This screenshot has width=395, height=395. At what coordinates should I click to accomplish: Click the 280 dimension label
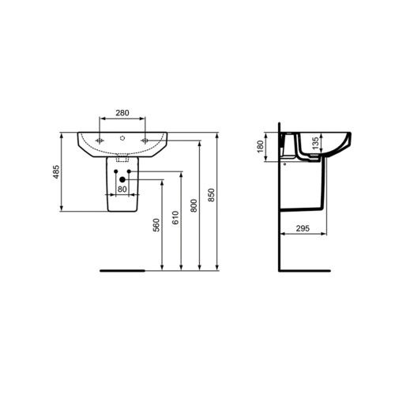(x=122, y=113)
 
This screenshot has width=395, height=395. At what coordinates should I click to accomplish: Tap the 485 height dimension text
(x=55, y=172)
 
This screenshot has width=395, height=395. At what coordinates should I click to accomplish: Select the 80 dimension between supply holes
(x=122, y=190)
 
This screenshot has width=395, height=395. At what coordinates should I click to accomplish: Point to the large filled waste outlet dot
(x=122, y=180)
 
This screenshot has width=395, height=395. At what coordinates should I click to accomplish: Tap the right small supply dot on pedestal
(x=129, y=171)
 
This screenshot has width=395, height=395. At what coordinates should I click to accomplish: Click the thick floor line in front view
(x=123, y=269)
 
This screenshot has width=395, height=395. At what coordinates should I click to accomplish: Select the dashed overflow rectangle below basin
(x=122, y=156)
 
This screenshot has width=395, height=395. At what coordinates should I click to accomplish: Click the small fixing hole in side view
(x=285, y=165)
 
